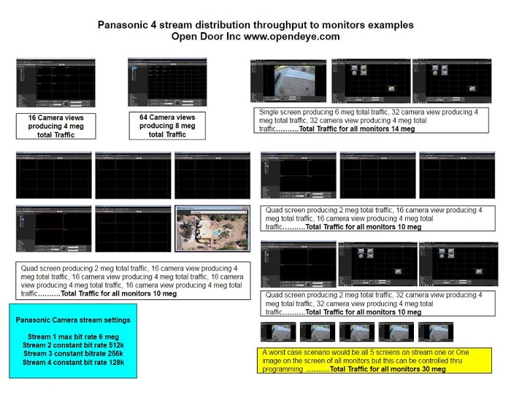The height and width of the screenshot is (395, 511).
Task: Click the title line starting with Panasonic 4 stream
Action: tap(255, 25)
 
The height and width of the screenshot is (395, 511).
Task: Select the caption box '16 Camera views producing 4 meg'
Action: tap(55, 126)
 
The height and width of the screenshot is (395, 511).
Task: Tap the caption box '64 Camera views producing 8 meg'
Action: tap(166, 126)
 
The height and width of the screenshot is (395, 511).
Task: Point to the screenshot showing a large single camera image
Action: tap(290, 81)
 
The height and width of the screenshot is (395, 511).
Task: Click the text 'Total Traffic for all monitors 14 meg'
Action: tap(357, 129)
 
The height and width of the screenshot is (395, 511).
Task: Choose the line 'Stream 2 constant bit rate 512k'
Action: tap(73, 344)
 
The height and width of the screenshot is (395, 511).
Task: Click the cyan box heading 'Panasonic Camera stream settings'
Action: tap(73, 320)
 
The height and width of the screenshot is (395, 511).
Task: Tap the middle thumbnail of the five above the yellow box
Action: tap(357, 332)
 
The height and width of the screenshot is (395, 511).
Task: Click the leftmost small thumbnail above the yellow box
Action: tap(278, 332)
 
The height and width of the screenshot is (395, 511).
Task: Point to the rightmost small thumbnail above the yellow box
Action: tap(436, 332)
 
